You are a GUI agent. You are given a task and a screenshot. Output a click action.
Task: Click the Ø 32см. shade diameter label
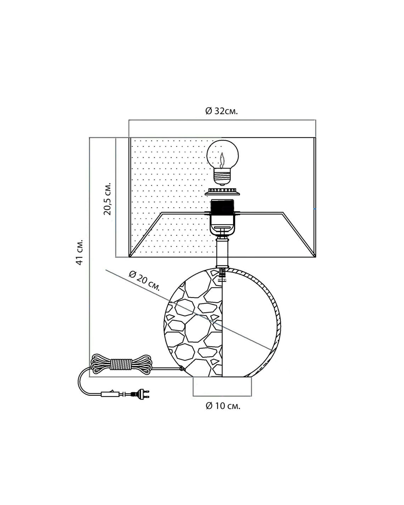click(221, 111)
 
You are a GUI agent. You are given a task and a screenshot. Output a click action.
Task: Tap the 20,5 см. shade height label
click(107, 198)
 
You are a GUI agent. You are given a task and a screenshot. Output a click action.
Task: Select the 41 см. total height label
click(80, 252)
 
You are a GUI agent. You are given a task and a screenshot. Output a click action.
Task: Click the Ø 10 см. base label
click(223, 406)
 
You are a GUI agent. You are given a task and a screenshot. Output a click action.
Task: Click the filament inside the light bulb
click(222, 161)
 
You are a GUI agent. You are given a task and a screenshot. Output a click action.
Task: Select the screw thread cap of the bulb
click(222, 177)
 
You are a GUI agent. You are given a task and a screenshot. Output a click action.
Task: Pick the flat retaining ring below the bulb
click(223, 191)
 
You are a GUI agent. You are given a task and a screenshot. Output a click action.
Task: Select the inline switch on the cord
click(110, 393)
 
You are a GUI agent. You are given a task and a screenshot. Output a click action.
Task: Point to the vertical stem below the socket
click(222, 252)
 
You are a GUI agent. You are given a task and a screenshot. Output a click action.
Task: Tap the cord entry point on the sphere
click(182, 369)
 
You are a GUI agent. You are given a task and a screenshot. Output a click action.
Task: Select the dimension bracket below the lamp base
click(222, 389)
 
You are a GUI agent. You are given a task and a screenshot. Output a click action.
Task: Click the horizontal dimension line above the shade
click(222, 120)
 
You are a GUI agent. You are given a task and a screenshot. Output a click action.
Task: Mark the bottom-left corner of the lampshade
click(129, 257)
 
